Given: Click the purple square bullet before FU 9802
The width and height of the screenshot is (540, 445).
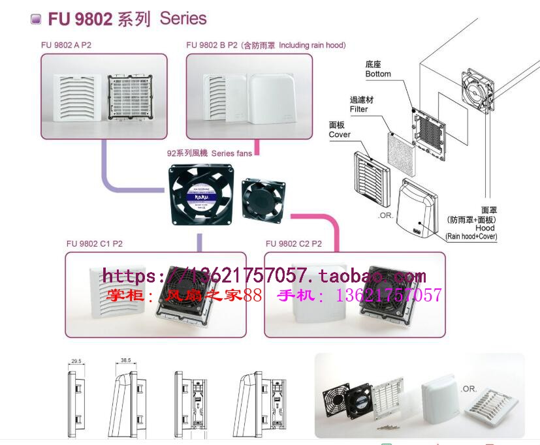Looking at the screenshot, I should click(x=36, y=19).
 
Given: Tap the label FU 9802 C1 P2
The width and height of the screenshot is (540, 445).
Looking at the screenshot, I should click(x=94, y=244).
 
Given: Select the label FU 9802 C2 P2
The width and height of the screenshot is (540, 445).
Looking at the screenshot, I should click(x=293, y=244).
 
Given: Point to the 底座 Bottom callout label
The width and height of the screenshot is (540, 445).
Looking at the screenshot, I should click(x=378, y=69).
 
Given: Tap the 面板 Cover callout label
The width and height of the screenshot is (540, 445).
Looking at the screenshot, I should click(x=340, y=129).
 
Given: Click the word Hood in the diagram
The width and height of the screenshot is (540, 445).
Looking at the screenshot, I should click(x=485, y=228).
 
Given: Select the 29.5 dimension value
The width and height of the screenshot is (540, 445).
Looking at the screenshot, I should click(x=76, y=361).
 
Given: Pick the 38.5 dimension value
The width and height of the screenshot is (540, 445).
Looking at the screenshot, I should click(x=126, y=360).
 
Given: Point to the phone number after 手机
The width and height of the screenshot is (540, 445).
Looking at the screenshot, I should click(x=389, y=296).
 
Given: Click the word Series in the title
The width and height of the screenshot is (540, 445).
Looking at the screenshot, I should click(x=183, y=19).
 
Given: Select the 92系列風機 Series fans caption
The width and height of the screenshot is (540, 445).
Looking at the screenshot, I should click(x=210, y=153).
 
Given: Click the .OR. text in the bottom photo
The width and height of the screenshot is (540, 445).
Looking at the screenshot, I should click(x=468, y=389).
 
